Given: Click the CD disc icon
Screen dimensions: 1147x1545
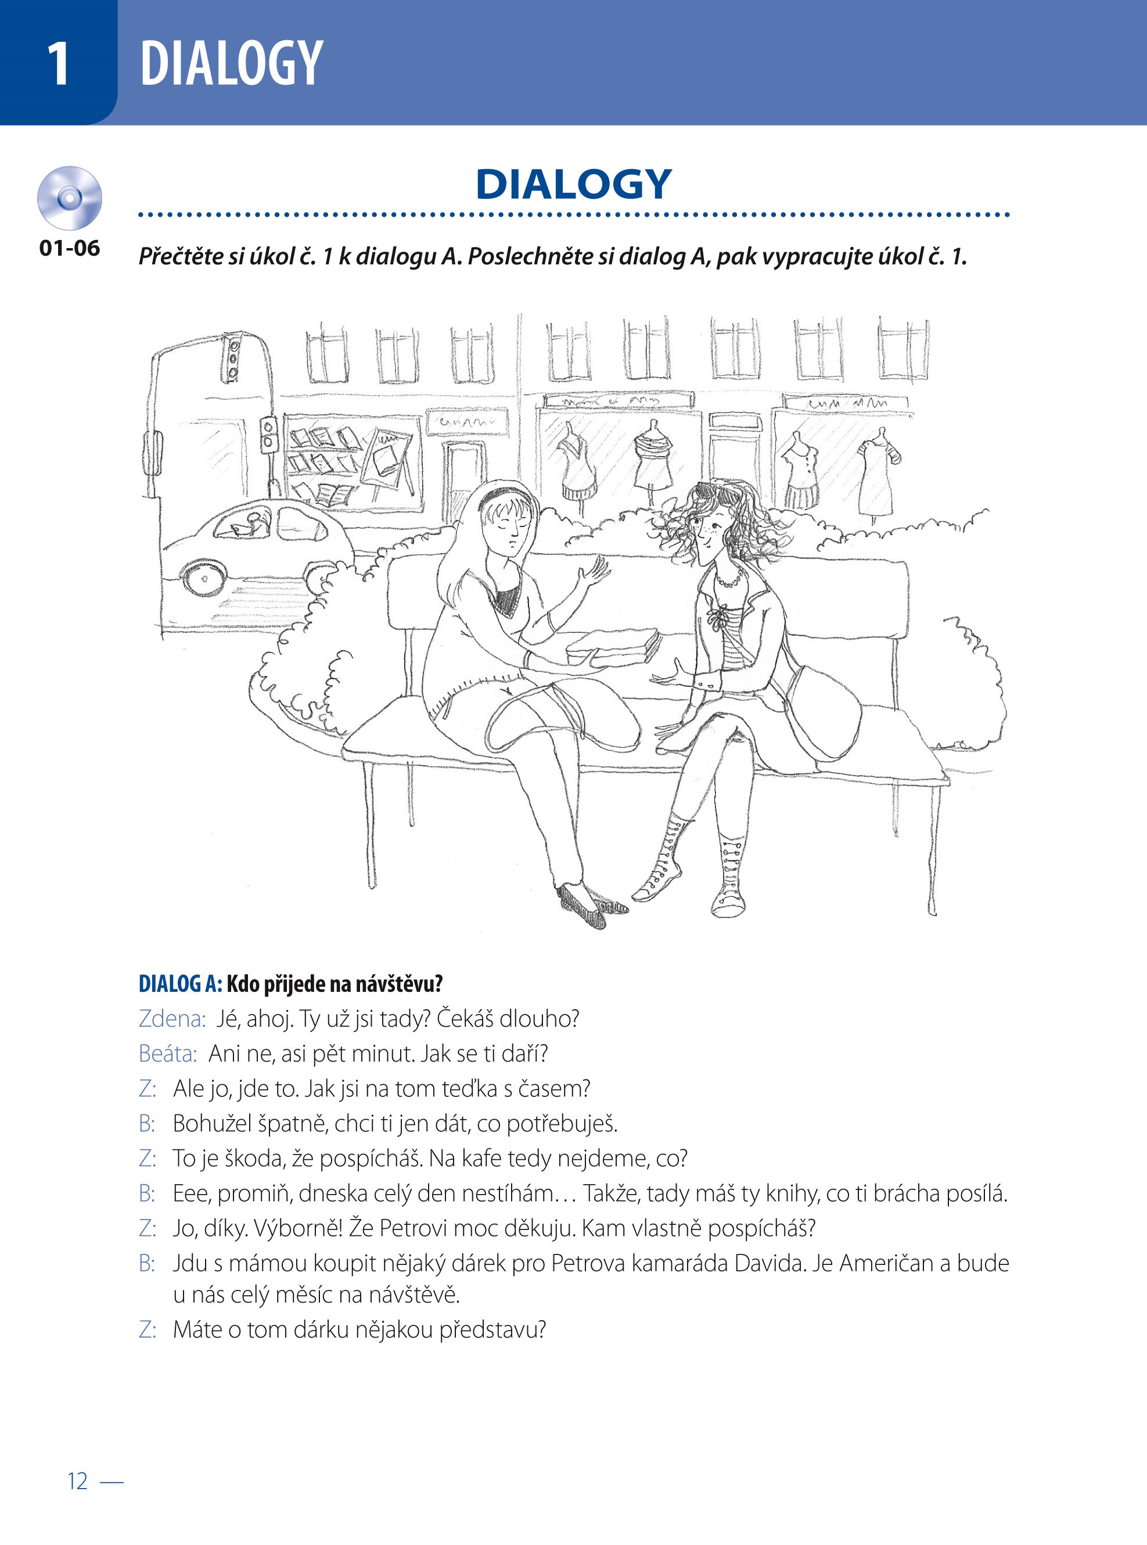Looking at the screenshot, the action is click(x=70, y=198).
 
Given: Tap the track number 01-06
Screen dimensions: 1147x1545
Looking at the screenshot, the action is click(x=70, y=248).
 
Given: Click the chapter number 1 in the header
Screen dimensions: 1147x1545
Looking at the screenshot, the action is click(x=58, y=63).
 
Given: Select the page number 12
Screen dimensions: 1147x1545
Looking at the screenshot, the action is click(x=78, y=1481).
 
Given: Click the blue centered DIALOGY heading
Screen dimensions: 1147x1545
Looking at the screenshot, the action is click(x=574, y=184).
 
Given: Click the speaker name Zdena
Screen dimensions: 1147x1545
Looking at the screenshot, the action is click(x=172, y=1019).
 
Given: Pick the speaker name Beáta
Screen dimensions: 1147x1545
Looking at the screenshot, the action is click(x=168, y=1054).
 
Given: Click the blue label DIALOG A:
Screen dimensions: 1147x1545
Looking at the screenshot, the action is click(x=181, y=984).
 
